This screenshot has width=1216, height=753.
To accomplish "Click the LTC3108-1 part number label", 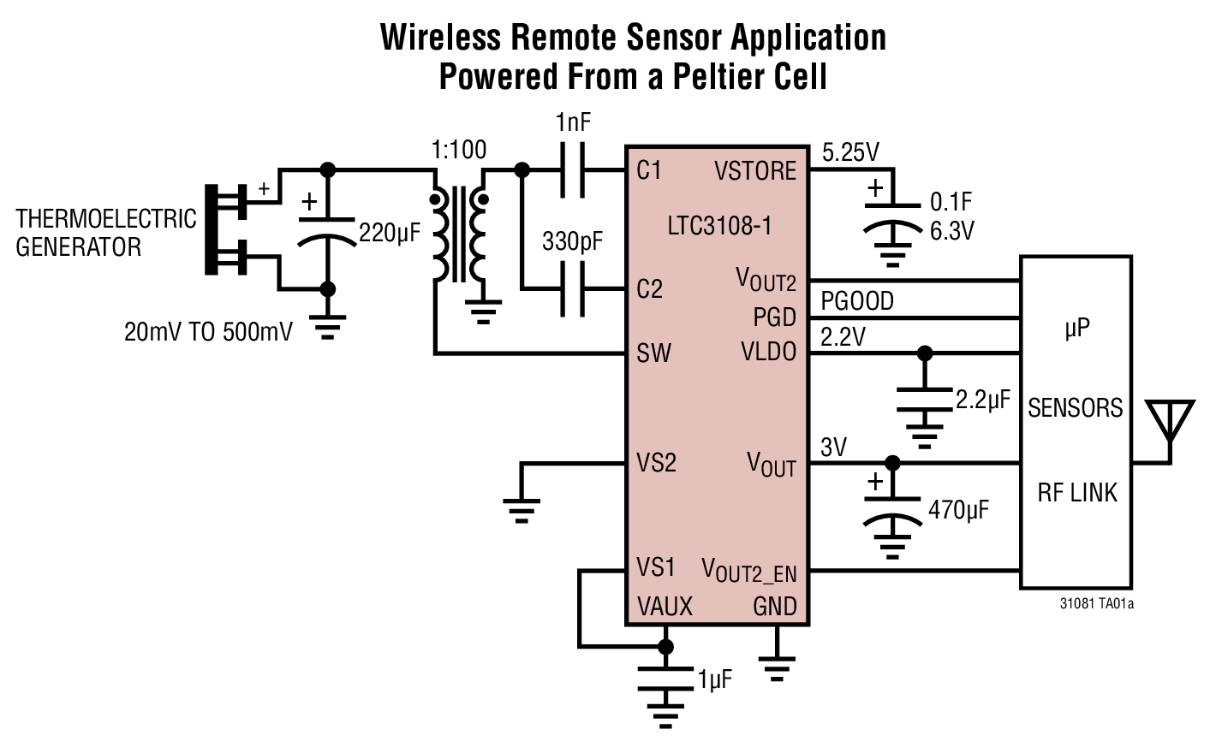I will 719,226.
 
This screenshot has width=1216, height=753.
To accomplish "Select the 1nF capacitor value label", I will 573,122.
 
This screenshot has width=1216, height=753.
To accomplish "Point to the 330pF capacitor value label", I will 572,241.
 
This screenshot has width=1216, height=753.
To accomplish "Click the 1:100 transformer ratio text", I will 459,150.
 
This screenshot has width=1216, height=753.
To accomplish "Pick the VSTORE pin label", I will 754,171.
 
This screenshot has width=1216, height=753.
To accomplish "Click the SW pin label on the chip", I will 653,353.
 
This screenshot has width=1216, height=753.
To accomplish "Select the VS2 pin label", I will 656,463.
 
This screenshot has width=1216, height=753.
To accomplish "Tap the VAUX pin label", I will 665,607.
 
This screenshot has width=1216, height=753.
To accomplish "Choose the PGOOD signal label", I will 856,301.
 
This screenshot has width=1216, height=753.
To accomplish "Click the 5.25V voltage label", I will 850,152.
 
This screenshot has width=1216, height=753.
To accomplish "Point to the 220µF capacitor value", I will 390,232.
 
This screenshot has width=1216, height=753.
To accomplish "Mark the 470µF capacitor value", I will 958,510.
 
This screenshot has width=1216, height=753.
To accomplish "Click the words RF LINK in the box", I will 1077,493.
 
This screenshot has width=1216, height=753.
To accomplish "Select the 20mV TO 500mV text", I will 208,332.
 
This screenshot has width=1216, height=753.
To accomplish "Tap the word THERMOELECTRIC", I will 106,219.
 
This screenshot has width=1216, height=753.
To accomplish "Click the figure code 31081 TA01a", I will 1096,604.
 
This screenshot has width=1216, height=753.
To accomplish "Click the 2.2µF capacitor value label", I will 982,400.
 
